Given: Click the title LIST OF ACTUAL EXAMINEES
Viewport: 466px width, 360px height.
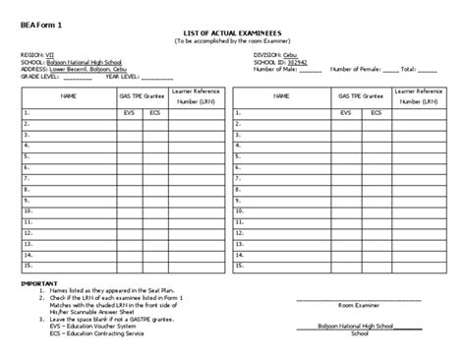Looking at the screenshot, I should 233,33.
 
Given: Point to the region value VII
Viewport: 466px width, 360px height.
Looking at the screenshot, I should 51,54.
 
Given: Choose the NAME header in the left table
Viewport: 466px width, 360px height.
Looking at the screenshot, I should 69,96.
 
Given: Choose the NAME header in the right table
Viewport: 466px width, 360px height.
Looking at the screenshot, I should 281,96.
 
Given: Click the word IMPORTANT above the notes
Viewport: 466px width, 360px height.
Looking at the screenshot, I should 41,282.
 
